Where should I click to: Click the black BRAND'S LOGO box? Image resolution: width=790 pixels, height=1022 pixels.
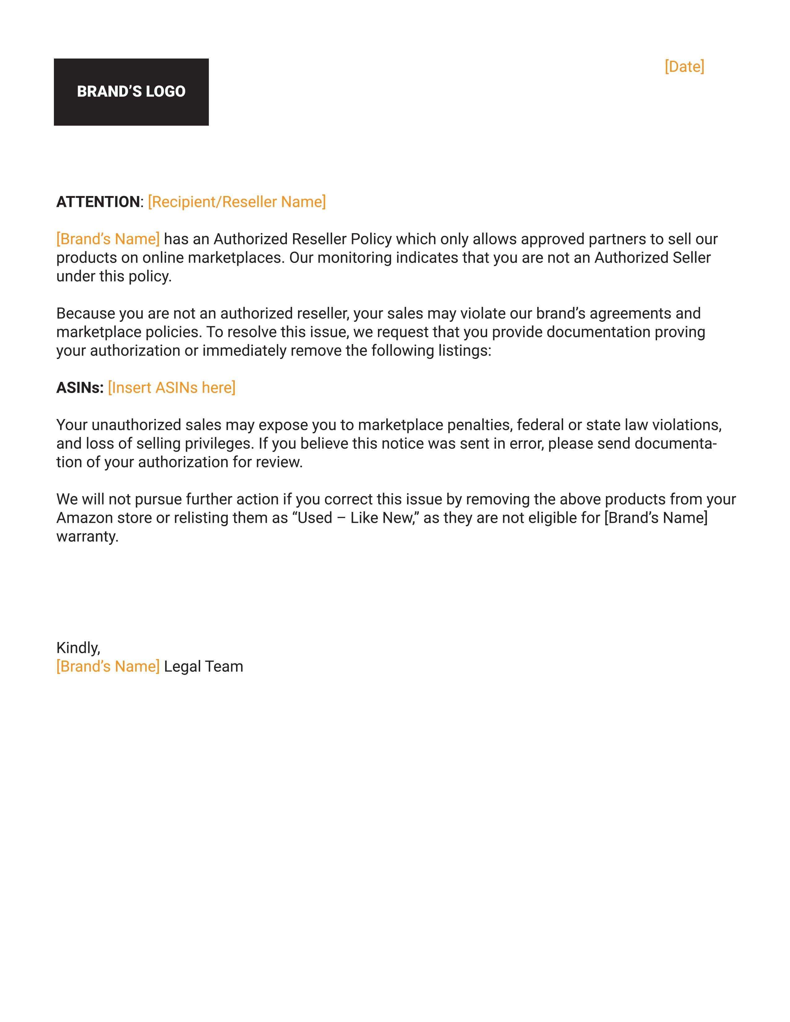click(131, 92)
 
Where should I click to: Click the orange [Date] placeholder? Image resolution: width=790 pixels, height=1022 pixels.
click(684, 67)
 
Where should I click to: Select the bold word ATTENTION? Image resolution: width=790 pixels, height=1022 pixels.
click(98, 202)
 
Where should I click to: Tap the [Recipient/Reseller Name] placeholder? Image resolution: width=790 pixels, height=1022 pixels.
click(237, 202)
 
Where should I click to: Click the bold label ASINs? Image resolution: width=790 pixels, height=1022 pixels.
click(80, 387)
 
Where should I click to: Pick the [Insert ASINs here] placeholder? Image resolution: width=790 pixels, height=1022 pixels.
click(172, 387)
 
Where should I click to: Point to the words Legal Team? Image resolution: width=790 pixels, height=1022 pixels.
click(204, 666)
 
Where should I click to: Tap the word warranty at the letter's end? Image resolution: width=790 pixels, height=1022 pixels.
click(87, 536)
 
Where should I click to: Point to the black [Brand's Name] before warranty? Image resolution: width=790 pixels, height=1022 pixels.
click(656, 518)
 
